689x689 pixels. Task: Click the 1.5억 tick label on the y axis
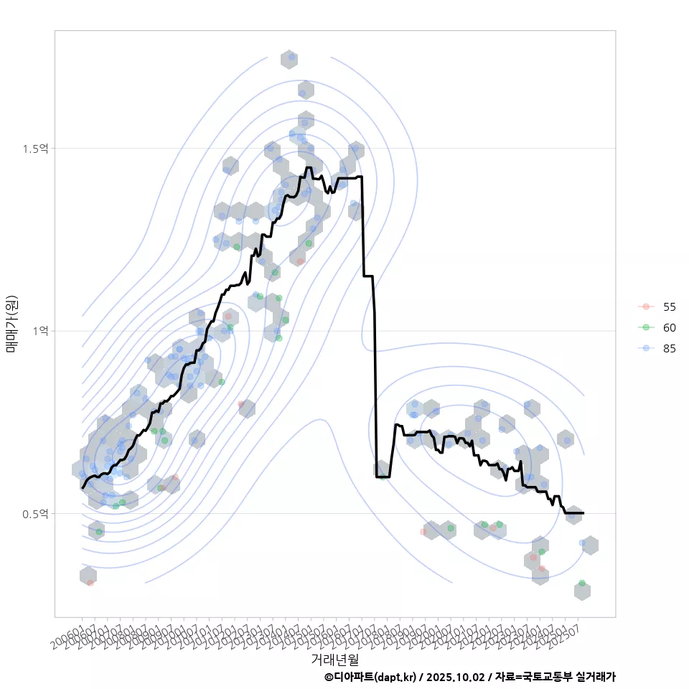(35, 149)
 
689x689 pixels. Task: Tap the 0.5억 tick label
(35, 514)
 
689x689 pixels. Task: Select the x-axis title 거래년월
(334, 658)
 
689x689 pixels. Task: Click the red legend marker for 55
(647, 306)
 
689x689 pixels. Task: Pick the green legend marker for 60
(647, 327)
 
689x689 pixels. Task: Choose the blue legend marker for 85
(647, 349)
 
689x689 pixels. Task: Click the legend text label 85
(669, 349)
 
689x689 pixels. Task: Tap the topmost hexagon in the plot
(289, 60)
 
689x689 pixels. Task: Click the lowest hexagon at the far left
(88, 576)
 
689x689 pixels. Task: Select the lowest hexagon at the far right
(582, 591)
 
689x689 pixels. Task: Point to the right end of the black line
(583, 513)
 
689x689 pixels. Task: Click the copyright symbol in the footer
(329, 677)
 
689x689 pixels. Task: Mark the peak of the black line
(309, 168)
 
